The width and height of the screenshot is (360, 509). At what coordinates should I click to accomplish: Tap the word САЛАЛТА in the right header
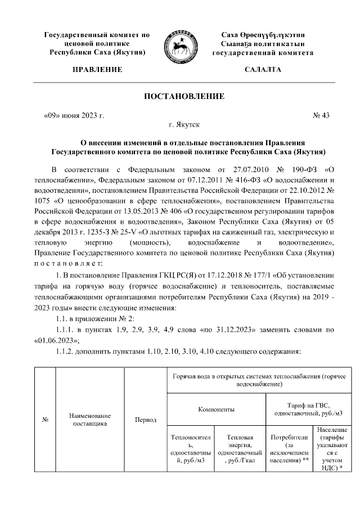pyautogui.click(x=263, y=70)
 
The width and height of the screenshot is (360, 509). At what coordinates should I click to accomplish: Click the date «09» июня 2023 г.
pyautogui.click(x=74, y=116)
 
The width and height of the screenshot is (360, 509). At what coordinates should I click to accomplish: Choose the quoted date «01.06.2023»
pyautogui.click(x=56, y=341)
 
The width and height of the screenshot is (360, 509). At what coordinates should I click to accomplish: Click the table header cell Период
pyautogui.click(x=146, y=420)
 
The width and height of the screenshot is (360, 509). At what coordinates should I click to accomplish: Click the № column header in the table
pyautogui.click(x=44, y=420)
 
